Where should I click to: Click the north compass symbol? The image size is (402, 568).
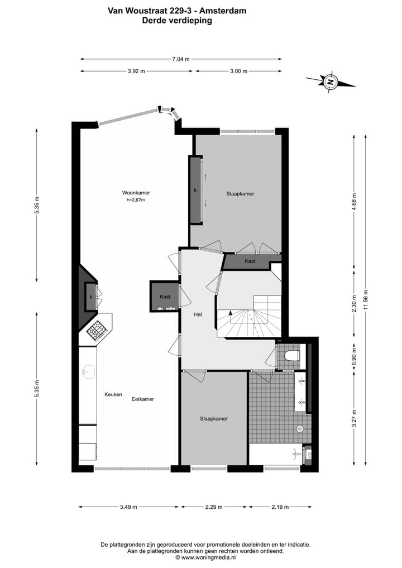[x=331, y=82]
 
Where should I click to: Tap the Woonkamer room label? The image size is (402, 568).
[x=136, y=193]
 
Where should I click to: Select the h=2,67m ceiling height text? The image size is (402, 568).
[x=136, y=200]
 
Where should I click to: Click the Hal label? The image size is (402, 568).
[x=198, y=314]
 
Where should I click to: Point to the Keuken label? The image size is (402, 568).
[x=113, y=394]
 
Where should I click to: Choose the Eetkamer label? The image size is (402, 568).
[x=143, y=399]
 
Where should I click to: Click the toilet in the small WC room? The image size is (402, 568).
[x=291, y=354]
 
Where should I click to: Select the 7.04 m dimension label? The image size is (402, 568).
[x=181, y=59]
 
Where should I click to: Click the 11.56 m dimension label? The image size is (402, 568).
[x=366, y=300]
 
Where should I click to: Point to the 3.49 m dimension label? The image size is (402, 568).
[x=128, y=507]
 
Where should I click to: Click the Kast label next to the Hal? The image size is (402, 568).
[x=165, y=297]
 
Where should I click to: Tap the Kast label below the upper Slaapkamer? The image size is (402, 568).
[x=250, y=261]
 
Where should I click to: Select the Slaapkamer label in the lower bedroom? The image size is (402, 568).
[x=214, y=418]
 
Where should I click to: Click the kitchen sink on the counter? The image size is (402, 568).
[x=88, y=371]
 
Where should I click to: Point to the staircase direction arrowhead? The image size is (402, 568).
[x=229, y=315]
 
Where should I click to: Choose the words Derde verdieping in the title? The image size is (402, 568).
[x=177, y=20]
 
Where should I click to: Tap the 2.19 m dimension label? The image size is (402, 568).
[x=280, y=507]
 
